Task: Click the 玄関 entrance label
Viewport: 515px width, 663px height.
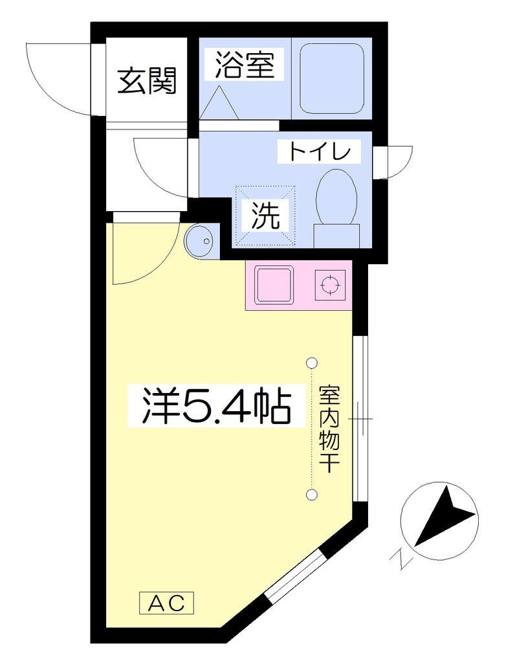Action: click(146, 81)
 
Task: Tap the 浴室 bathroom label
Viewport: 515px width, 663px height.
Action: click(245, 65)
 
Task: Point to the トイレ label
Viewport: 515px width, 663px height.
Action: click(320, 151)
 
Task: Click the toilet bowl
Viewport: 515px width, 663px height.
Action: click(336, 197)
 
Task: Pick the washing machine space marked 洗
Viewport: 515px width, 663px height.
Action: click(265, 215)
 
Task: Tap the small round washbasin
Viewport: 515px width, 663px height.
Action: click(201, 241)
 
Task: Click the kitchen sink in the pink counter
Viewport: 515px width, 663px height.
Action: click(274, 285)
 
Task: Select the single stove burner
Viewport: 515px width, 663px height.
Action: click(330, 285)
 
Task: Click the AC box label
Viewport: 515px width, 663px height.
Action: click(166, 603)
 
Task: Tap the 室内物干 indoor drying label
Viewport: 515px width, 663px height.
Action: click(329, 429)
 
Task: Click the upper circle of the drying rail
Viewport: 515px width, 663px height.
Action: click(312, 363)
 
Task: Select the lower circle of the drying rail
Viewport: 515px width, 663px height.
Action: click(312, 494)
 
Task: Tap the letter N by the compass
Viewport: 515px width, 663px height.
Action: click(400, 559)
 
